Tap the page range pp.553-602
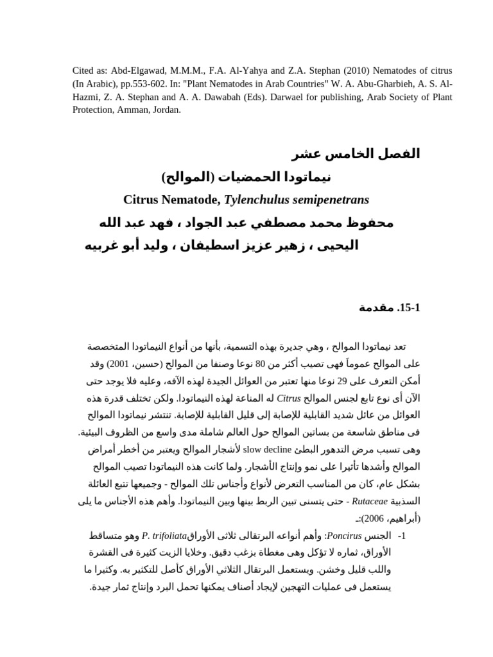(139, 84)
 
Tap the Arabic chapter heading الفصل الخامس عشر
(356, 154)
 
